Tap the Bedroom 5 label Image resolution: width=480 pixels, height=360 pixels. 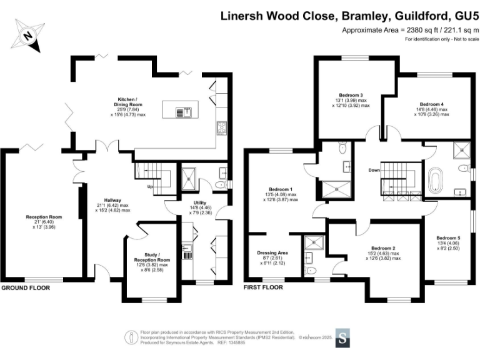click(449, 238)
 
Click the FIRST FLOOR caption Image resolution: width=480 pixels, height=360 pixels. click(262, 288)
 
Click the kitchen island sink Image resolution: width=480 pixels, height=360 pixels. click(186, 112)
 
